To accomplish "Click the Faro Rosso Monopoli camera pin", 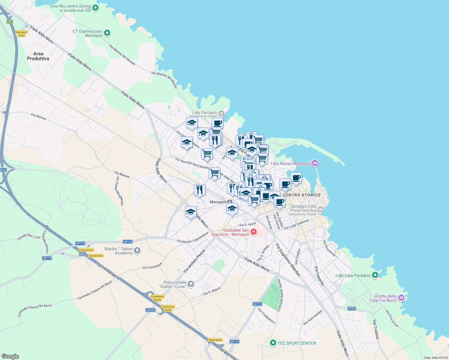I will (x=315, y=163).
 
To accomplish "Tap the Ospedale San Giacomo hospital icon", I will (x=254, y=232).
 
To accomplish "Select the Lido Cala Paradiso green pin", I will (x=375, y=275).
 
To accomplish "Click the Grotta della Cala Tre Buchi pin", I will (x=401, y=298).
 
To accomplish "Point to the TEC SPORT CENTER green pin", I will (x=273, y=343).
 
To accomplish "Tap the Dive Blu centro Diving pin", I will (x=95, y=8).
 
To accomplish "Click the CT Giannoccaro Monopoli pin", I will (x=107, y=33).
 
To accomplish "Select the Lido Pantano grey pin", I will (x=221, y=113).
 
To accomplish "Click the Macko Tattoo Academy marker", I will (x=137, y=250).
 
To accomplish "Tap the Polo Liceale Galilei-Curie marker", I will (x=191, y=284).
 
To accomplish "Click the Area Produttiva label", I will (x=38, y=56).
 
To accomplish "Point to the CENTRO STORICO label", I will (x=302, y=195).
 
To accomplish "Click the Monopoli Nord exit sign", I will (x=22, y=34).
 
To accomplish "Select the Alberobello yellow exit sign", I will (x=215, y=340).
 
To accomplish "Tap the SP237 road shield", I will (x=150, y=310).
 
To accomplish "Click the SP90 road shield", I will (x=351, y=308).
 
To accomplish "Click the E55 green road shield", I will (x=10, y=22).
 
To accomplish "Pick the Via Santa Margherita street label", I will (x=119, y=191).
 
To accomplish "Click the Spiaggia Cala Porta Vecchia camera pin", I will (x=321, y=209).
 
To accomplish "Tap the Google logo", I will (x=10, y=356).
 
